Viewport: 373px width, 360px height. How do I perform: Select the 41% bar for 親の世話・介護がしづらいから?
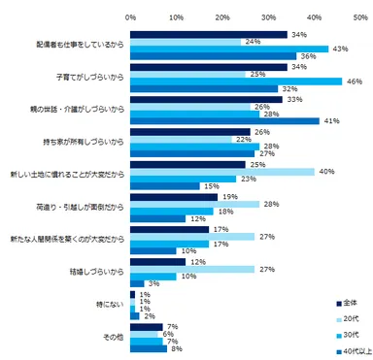pos(224,120)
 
